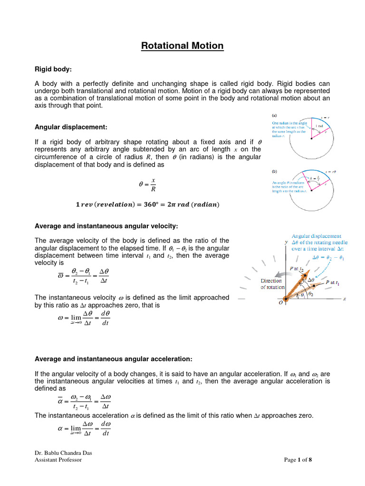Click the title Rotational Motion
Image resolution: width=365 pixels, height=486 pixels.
182,46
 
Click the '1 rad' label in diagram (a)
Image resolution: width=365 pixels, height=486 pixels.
319,126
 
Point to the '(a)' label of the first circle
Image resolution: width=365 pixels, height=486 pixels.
274,115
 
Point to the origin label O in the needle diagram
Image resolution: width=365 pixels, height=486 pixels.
280,302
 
